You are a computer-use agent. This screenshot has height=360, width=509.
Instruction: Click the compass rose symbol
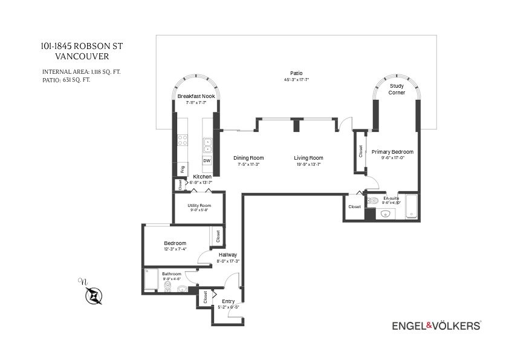coord(93,295)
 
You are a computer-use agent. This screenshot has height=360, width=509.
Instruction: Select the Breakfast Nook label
coord(196,96)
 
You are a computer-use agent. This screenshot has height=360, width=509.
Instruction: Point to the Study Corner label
coord(397,89)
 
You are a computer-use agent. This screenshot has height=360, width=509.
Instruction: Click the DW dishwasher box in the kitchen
coord(207,160)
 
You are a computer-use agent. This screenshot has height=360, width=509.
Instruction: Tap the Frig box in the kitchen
coord(182,168)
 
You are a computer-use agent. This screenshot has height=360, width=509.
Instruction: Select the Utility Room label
coord(199,206)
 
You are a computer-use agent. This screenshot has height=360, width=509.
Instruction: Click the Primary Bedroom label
coord(392,151)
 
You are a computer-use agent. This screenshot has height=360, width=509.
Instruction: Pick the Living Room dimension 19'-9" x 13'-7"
coord(308,165)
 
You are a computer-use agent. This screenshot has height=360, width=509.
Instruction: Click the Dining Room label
coord(248,158)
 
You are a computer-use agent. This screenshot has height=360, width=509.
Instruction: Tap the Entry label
coord(228,301)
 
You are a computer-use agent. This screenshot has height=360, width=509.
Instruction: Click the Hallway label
coord(228,255)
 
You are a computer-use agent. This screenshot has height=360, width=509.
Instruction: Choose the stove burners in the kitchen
coord(182,140)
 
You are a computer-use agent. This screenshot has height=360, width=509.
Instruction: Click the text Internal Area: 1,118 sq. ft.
coord(81,71)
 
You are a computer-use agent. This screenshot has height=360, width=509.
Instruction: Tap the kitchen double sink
coord(207,144)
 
